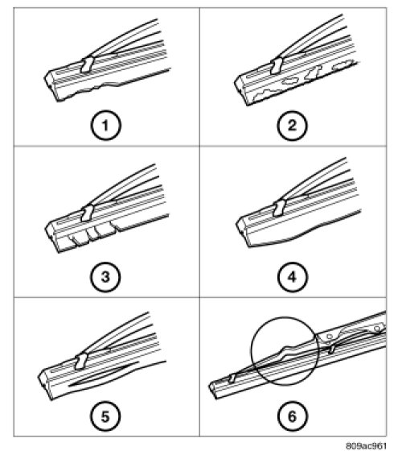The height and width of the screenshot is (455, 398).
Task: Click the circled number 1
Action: coord(105,126)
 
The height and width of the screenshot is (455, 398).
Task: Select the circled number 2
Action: coord(292,126)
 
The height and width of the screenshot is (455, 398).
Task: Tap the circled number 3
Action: coord(105,277)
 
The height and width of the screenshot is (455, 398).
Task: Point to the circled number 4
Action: coord(292,277)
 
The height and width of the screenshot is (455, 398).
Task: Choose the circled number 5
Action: coord(105,416)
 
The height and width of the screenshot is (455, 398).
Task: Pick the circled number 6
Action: coord(292,416)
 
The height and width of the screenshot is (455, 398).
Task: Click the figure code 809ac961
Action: coord(366,445)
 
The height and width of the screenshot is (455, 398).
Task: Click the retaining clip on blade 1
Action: coord(87,64)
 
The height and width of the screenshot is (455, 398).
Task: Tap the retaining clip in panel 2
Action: coord(277,66)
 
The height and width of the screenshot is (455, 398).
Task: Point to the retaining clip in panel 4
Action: coord(279,208)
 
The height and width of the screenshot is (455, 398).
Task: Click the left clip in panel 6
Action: coord(232,378)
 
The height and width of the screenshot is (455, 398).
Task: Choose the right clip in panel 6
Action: coord(332,348)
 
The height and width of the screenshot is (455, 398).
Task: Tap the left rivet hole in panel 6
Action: coord(329,337)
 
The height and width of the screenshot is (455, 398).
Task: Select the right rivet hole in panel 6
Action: coord(376,329)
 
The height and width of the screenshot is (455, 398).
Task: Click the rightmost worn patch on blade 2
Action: coord(343,65)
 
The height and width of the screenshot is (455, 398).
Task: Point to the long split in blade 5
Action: coord(104,374)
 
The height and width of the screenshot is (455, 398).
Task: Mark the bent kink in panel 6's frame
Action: coord(286,350)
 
